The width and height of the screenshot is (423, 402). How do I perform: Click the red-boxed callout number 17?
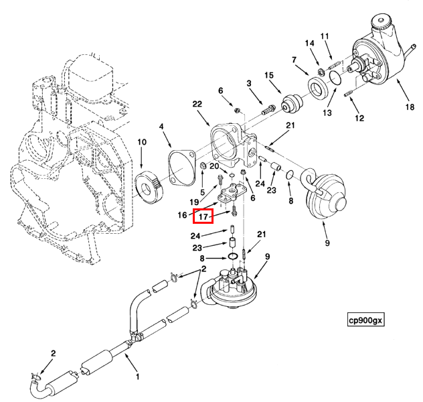203,216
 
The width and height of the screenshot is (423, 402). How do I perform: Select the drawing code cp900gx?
365,320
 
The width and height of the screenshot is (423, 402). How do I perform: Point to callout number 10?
142,142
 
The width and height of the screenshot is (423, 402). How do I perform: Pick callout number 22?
197,104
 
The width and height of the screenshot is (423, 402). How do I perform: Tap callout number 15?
269,74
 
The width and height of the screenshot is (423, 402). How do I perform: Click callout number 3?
248,83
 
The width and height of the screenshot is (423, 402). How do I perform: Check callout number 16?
182,215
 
